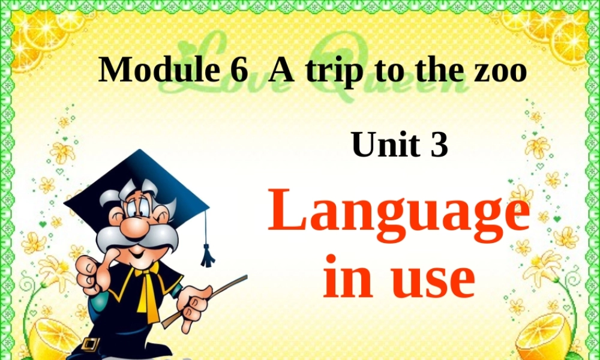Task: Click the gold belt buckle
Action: (x=90, y=344)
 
